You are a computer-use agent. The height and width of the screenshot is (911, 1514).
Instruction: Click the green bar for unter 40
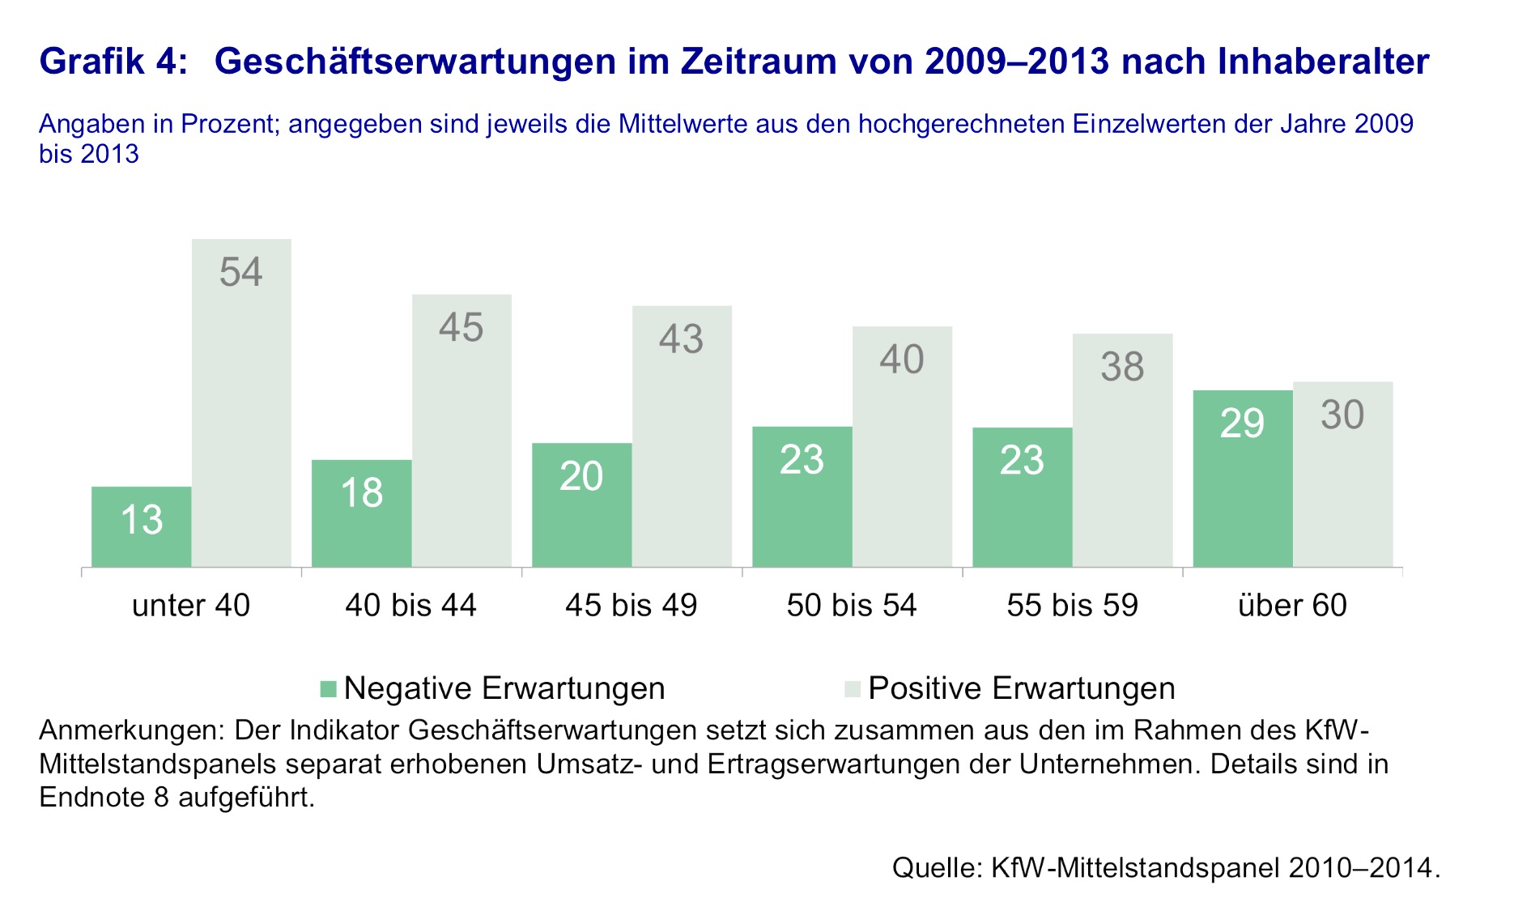142,526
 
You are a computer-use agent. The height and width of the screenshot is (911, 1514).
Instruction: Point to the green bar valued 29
1243,478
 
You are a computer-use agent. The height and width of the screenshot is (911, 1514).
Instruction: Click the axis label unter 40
191,606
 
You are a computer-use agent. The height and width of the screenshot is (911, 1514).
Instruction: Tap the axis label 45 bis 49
632,606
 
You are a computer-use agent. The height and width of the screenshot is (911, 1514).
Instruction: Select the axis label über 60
1292,606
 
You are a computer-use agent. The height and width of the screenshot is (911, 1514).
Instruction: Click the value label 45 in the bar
461,328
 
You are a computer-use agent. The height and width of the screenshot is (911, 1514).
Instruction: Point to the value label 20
581,476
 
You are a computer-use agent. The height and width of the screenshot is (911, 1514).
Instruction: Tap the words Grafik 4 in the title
113,62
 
